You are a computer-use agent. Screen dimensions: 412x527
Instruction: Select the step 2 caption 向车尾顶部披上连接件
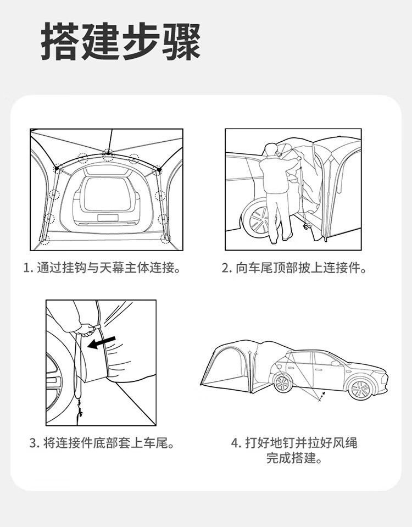point(294,268)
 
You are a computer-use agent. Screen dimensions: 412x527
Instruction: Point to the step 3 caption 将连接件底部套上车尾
point(102,443)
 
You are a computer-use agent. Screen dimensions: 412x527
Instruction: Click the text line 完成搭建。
point(294,458)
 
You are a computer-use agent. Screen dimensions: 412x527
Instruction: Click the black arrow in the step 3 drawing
point(101,342)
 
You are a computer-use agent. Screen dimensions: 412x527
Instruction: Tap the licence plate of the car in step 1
point(108,218)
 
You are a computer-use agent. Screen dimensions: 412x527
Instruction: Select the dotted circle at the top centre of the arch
point(108,155)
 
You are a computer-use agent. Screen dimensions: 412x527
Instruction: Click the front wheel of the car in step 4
point(360,389)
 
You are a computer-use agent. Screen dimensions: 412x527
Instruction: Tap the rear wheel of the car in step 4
point(283,383)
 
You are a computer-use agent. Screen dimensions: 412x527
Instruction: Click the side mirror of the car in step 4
point(335,363)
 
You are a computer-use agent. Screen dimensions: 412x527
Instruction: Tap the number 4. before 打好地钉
point(236,443)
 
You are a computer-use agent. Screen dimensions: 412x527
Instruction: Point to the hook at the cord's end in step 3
point(80,410)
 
